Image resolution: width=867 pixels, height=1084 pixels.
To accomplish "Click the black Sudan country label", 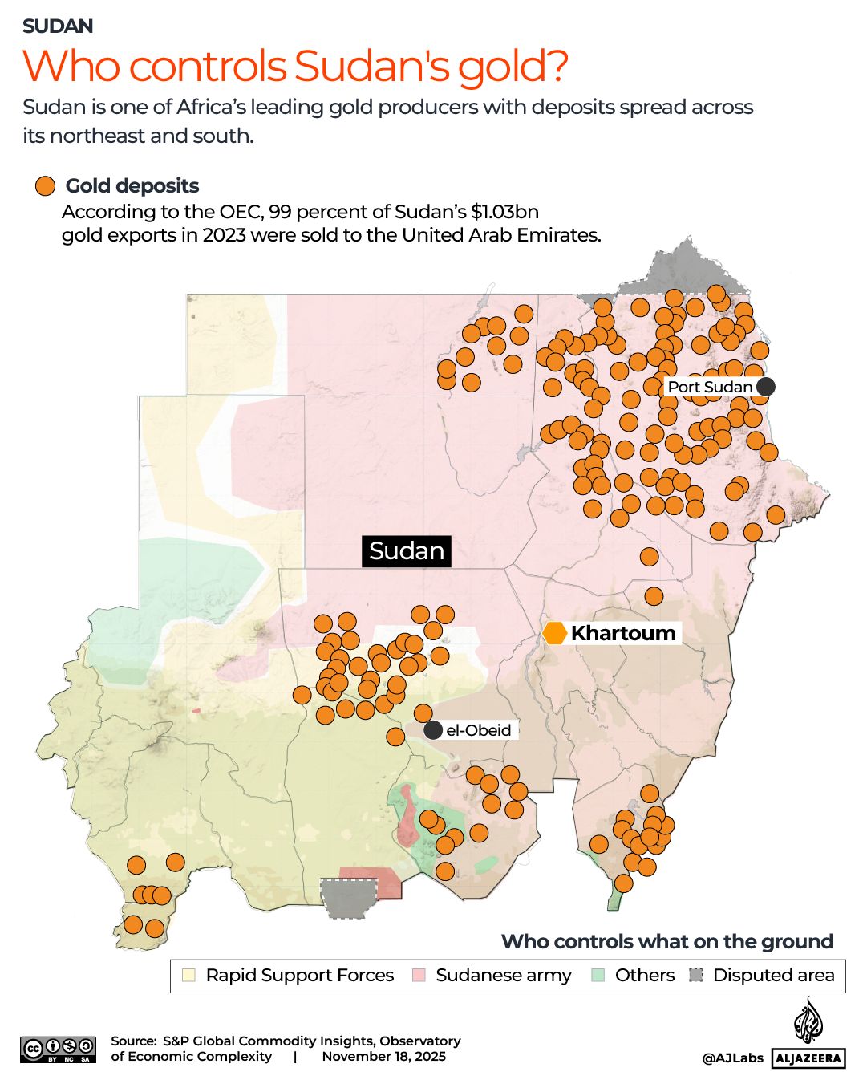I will (406, 551).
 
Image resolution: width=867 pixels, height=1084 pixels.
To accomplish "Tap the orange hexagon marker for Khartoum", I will (555, 633).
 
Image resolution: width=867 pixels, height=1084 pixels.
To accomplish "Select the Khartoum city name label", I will (623, 633).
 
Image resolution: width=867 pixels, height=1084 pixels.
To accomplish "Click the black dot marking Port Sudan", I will (766, 387).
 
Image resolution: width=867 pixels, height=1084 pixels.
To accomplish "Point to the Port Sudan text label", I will (710, 387).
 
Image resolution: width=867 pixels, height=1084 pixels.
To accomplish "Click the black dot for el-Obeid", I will (433, 730).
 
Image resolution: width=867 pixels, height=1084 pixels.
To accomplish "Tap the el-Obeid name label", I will (479, 730).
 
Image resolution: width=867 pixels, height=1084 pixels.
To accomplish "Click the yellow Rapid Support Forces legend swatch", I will (188, 976).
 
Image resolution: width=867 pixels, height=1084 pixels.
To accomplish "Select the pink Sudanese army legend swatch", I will (419, 976).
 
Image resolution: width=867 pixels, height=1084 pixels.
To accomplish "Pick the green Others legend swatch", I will (598, 976).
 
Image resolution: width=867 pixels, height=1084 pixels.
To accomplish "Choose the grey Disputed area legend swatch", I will (696, 976).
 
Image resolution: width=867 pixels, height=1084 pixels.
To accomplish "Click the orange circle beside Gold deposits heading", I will (45, 186).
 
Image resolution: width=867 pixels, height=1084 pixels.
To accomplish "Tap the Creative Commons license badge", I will (58, 1049).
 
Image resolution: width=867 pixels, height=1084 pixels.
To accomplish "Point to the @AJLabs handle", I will (732, 1058).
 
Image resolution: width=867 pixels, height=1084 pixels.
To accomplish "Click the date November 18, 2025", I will (383, 1056).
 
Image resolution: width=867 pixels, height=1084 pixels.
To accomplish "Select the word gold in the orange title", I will (513, 67).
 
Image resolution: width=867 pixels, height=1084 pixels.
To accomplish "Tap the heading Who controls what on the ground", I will (666, 941).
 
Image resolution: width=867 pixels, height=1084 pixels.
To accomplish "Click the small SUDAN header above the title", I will (58, 26).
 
